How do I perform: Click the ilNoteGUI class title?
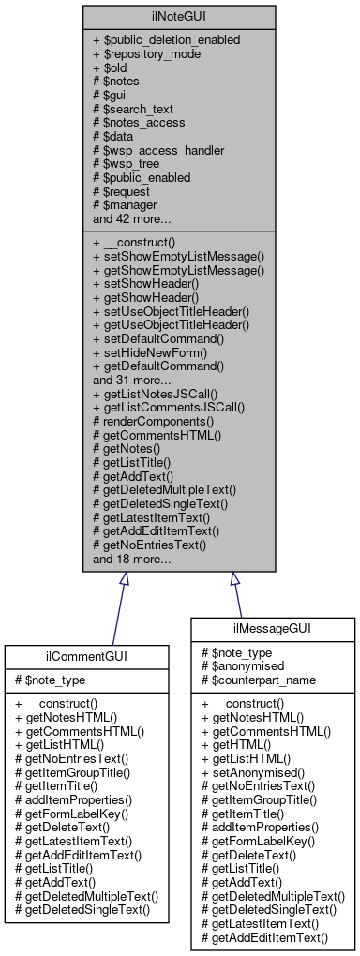179,16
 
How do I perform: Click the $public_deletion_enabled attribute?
166,40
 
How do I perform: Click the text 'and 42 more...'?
132,218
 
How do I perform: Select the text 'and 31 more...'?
132,381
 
